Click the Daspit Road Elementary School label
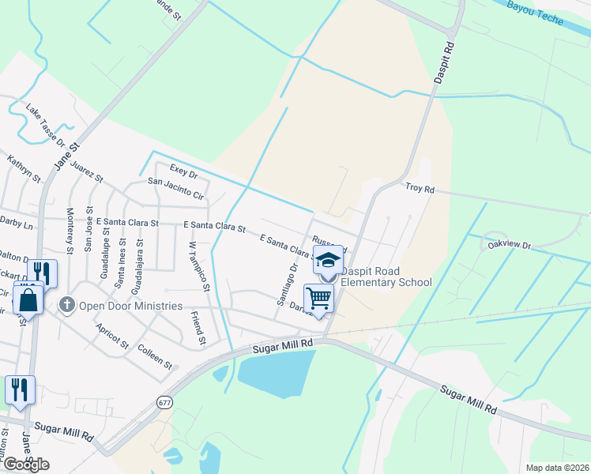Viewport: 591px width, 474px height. pyautogui.click(x=386, y=276)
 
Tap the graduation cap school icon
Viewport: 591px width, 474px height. pyautogui.click(x=328, y=259)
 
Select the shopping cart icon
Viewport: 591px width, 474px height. pyautogui.click(x=318, y=298)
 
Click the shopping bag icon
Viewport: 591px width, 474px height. pyautogui.click(x=28, y=301)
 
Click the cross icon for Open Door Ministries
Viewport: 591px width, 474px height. pyautogui.click(x=68, y=304)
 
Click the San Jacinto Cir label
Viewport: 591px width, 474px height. pyautogui.click(x=176, y=188)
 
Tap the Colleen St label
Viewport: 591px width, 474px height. pyautogui.click(x=154, y=356)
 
